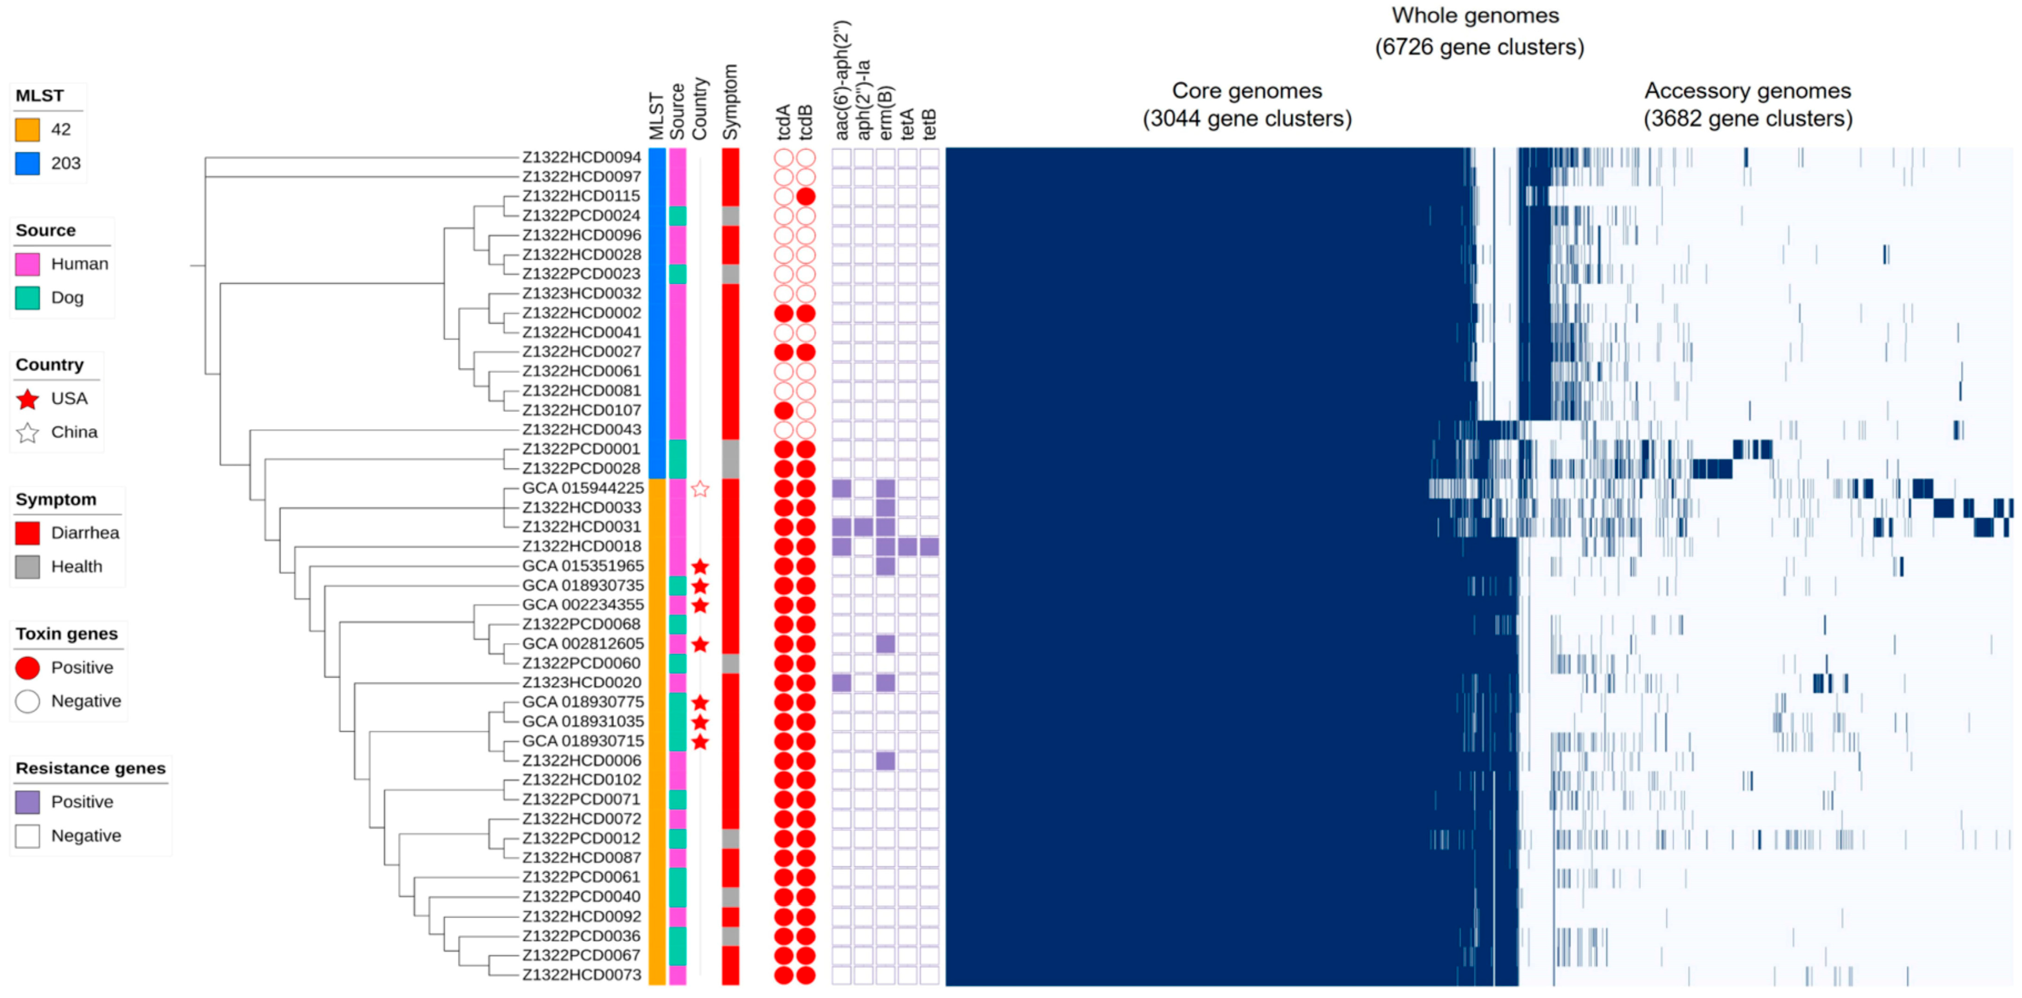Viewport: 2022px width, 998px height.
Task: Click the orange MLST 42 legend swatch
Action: click(28, 130)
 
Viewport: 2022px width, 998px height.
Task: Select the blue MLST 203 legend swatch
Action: click(28, 163)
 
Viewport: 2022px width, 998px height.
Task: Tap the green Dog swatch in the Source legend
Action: click(28, 298)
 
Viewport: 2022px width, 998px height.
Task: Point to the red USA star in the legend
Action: click(28, 399)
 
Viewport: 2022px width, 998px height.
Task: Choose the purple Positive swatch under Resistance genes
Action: click(28, 801)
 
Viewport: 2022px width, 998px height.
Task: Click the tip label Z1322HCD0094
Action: click(582, 157)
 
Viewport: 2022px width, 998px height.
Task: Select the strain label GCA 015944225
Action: click(582, 488)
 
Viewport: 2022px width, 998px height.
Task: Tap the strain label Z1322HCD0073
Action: click(582, 975)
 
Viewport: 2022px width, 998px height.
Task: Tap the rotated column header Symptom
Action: click(731, 102)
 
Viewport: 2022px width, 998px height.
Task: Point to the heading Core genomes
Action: click(1247, 91)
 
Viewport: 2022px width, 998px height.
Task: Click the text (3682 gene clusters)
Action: click(1748, 119)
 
